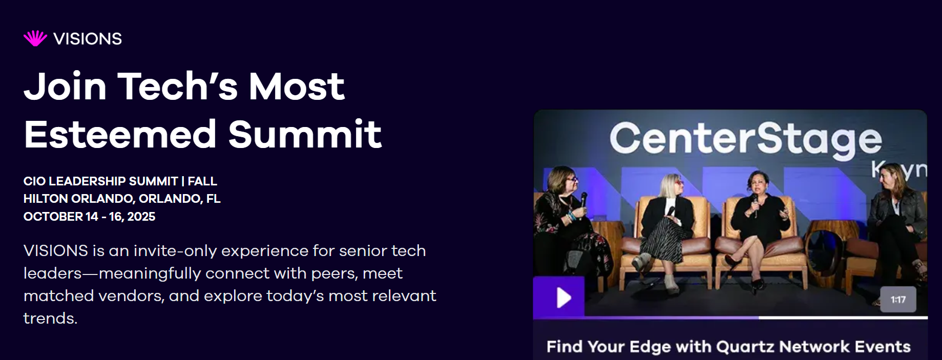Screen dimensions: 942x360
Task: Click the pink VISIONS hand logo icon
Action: pos(35,38)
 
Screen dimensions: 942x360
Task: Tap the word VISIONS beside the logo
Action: pos(88,39)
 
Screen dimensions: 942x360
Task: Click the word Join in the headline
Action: pos(65,86)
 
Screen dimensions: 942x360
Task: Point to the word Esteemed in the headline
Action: pos(120,134)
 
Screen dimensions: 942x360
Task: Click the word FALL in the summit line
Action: pos(202,181)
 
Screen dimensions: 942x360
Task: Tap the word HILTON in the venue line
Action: pos(46,199)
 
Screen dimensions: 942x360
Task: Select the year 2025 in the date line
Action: pos(141,217)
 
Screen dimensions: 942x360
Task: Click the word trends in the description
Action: pos(50,319)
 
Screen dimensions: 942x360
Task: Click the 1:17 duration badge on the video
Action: pos(898,300)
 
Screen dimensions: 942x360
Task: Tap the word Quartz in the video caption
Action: pos(745,347)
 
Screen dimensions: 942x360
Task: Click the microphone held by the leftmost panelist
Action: pos(583,201)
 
